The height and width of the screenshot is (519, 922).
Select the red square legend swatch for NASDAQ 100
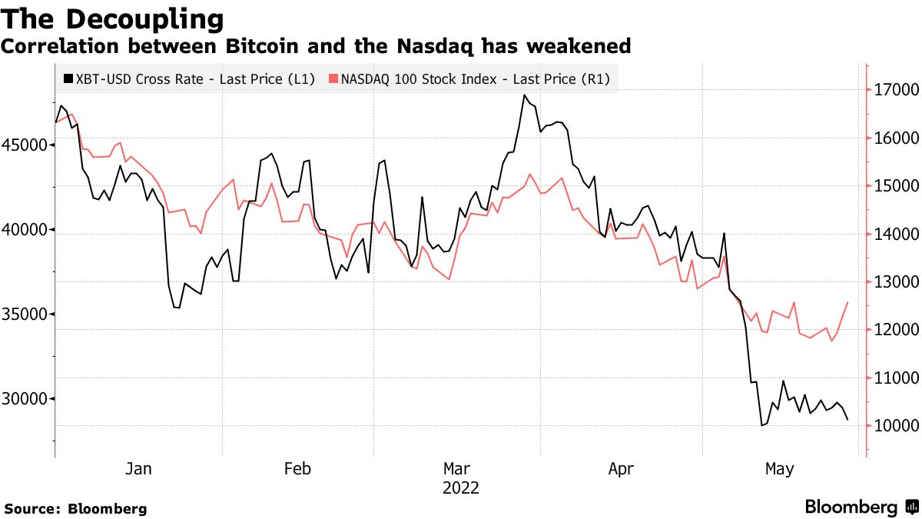333,78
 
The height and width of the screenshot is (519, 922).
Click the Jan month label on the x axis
139,468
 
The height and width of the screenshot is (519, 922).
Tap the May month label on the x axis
779,468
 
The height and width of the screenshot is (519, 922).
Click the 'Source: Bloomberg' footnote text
75,508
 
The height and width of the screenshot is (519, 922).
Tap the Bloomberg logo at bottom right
861,507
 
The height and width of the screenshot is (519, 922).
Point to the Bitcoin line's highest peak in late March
524,95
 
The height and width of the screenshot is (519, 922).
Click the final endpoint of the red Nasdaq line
847,302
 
